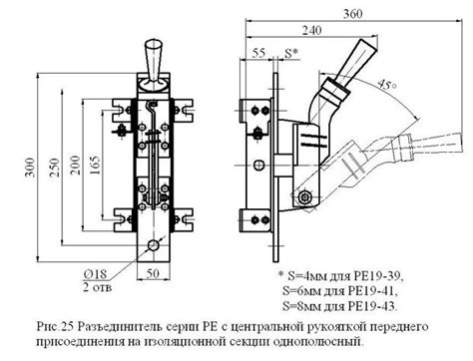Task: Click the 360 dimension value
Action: click(x=352, y=14)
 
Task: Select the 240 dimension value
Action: click(x=314, y=31)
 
